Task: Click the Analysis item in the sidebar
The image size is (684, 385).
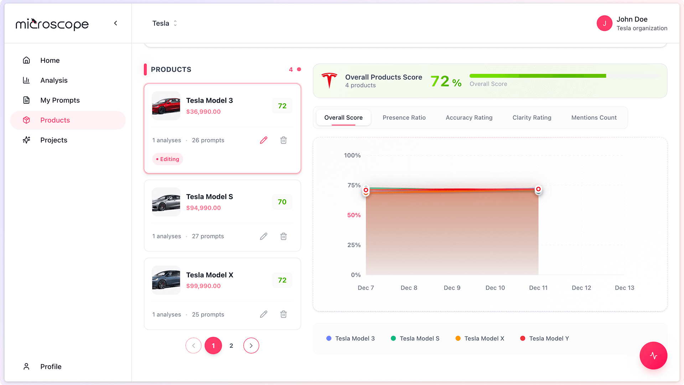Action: click(x=53, y=80)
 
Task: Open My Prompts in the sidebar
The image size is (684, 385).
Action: click(x=60, y=100)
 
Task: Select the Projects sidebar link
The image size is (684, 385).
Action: click(x=53, y=140)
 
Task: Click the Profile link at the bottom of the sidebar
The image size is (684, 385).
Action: click(x=51, y=366)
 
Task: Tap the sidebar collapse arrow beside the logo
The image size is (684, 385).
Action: click(x=115, y=23)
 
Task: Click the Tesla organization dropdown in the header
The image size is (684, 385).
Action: click(x=165, y=23)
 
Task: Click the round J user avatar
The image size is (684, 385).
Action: click(x=604, y=23)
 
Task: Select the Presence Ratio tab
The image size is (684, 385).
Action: click(x=404, y=118)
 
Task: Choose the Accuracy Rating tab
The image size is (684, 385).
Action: click(x=469, y=118)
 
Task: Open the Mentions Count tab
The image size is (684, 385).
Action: click(x=594, y=118)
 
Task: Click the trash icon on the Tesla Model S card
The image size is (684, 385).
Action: click(x=284, y=236)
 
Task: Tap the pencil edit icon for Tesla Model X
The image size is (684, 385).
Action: click(x=264, y=314)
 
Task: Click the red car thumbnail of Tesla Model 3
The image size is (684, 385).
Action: click(x=166, y=106)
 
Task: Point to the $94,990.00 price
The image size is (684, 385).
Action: click(x=203, y=208)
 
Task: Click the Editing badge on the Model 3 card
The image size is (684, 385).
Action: click(x=168, y=159)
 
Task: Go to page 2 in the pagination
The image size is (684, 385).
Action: click(x=231, y=345)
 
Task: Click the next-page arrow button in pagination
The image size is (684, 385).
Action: click(x=251, y=345)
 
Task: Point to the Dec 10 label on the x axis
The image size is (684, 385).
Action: click(x=495, y=288)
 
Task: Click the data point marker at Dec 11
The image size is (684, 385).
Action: click(x=538, y=189)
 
